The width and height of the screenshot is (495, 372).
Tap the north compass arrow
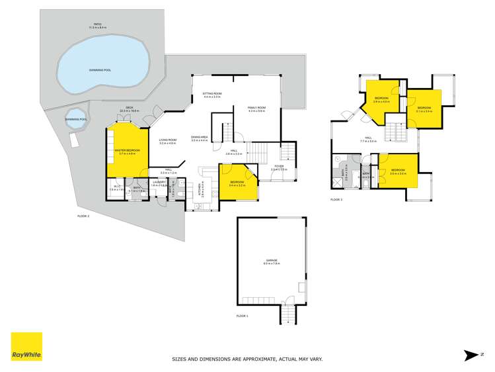471,355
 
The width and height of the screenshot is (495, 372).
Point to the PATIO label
97,25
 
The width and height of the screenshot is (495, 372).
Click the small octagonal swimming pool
77,120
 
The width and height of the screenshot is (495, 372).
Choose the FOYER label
279,166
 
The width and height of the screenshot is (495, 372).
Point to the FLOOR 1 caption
243,316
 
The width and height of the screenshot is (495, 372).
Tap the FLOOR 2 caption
83,216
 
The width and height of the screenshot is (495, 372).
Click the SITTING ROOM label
211,94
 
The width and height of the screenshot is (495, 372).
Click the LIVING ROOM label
167,140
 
